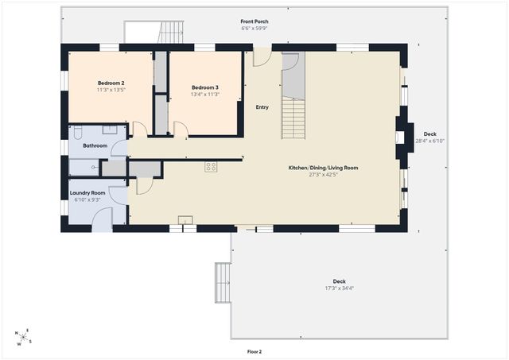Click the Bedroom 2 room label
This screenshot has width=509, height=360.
click(x=111, y=83)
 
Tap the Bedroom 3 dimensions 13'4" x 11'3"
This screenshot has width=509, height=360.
click(x=205, y=95)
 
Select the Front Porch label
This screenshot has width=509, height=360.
click(x=254, y=21)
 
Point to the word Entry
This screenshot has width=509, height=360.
click(x=262, y=107)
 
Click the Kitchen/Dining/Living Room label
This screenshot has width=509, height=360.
click(x=324, y=168)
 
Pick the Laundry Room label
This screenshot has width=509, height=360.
click(x=87, y=193)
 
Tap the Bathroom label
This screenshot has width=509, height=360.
click(x=95, y=145)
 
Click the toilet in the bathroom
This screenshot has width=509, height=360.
click(x=78, y=133)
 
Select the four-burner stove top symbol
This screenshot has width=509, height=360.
click(x=211, y=167)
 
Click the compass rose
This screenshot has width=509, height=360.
click(x=23, y=337)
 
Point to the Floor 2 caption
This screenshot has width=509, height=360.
click(x=254, y=351)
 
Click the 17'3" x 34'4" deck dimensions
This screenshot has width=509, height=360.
click(x=340, y=288)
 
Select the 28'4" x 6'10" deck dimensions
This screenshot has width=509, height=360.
click(x=429, y=141)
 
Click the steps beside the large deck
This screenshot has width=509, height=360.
click(x=223, y=283)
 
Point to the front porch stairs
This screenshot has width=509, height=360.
click(x=171, y=32)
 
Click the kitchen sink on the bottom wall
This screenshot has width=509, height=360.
click(x=185, y=220)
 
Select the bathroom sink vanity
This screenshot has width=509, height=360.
click(x=110, y=130)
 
